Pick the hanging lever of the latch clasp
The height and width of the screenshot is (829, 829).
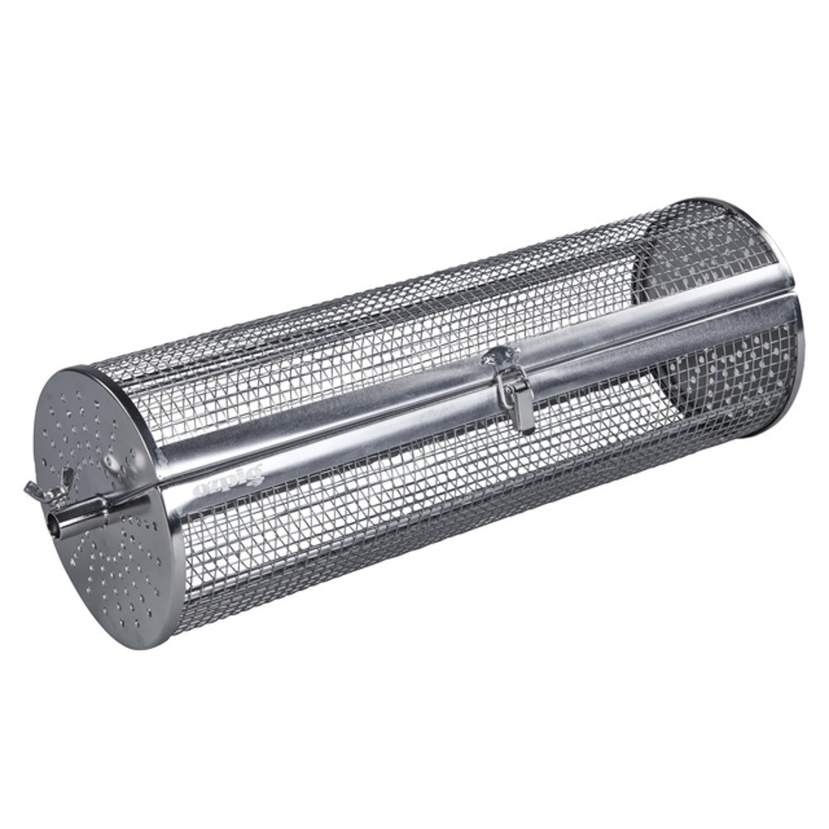524,407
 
